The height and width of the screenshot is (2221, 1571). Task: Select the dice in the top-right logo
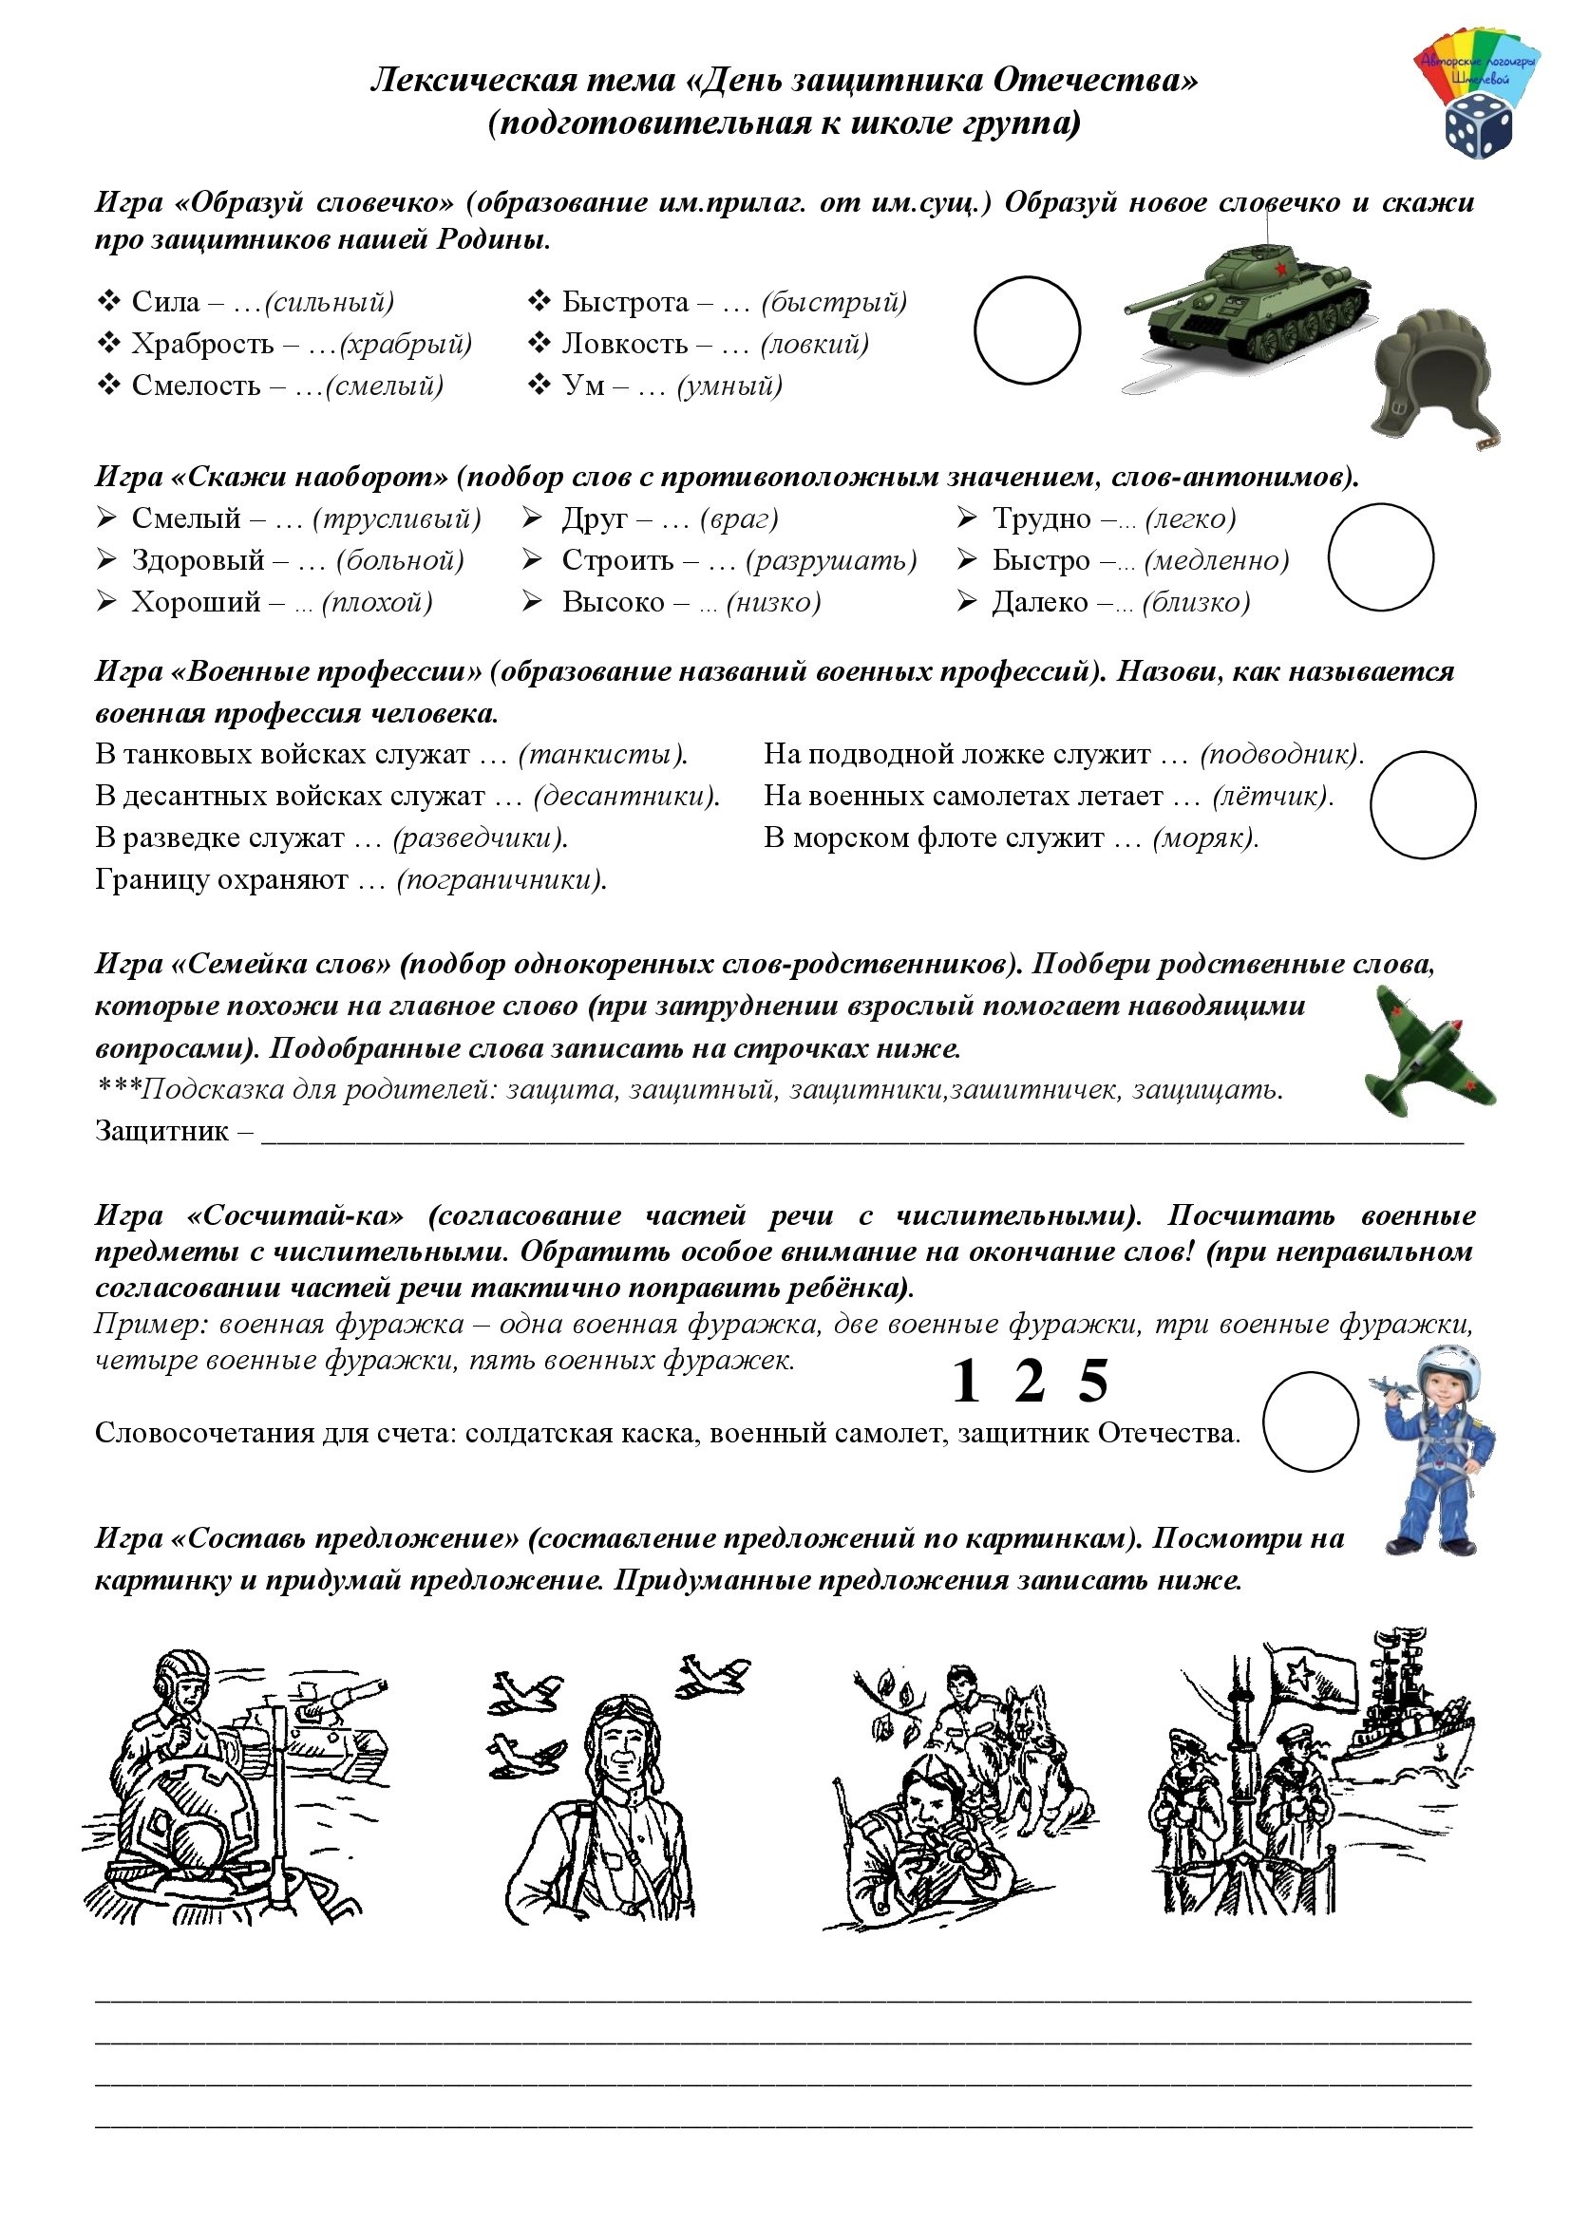tap(1478, 123)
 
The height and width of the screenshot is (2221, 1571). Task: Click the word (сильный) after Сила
tap(329, 302)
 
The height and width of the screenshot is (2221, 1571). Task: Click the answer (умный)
tap(729, 386)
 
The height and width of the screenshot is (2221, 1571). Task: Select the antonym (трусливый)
tap(397, 518)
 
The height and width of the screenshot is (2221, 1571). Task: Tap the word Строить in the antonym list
tap(617, 560)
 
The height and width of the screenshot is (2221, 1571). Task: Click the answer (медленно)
tap(1217, 560)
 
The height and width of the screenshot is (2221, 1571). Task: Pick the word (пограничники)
tap(502, 879)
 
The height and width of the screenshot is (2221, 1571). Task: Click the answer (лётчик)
tap(1272, 795)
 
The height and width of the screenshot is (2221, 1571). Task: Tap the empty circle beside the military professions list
tap(1422, 805)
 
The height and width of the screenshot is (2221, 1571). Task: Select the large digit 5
tap(1092, 1382)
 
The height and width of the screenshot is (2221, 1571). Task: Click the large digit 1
tap(965, 1382)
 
